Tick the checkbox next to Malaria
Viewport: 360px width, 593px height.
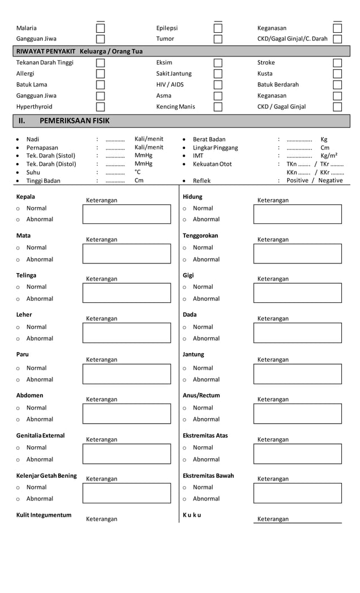pyautogui.click(x=100, y=28)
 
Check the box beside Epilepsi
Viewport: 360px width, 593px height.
pyautogui.click(x=218, y=28)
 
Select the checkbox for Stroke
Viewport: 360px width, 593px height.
pyautogui.click(x=337, y=63)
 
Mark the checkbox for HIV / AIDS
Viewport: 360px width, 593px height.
pyautogui.click(x=218, y=85)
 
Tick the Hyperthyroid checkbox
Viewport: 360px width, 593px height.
pyautogui.click(x=100, y=107)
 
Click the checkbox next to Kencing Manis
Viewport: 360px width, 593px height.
pyautogui.click(x=218, y=107)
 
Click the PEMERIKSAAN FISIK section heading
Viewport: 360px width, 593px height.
pyautogui.click(x=74, y=121)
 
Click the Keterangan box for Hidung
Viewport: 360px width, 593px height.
pyautogui.click(x=297, y=214)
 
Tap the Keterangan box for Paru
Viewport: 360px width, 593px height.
pyautogui.click(x=126, y=374)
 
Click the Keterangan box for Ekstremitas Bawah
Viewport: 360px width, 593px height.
pyautogui.click(x=297, y=493)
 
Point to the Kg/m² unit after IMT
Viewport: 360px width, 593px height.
pyautogui.click(x=329, y=156)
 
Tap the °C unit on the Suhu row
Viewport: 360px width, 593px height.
pyautogui.click(x=138, y=172)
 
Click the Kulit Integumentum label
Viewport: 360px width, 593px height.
pyautogui.click(x=44, y=515)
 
